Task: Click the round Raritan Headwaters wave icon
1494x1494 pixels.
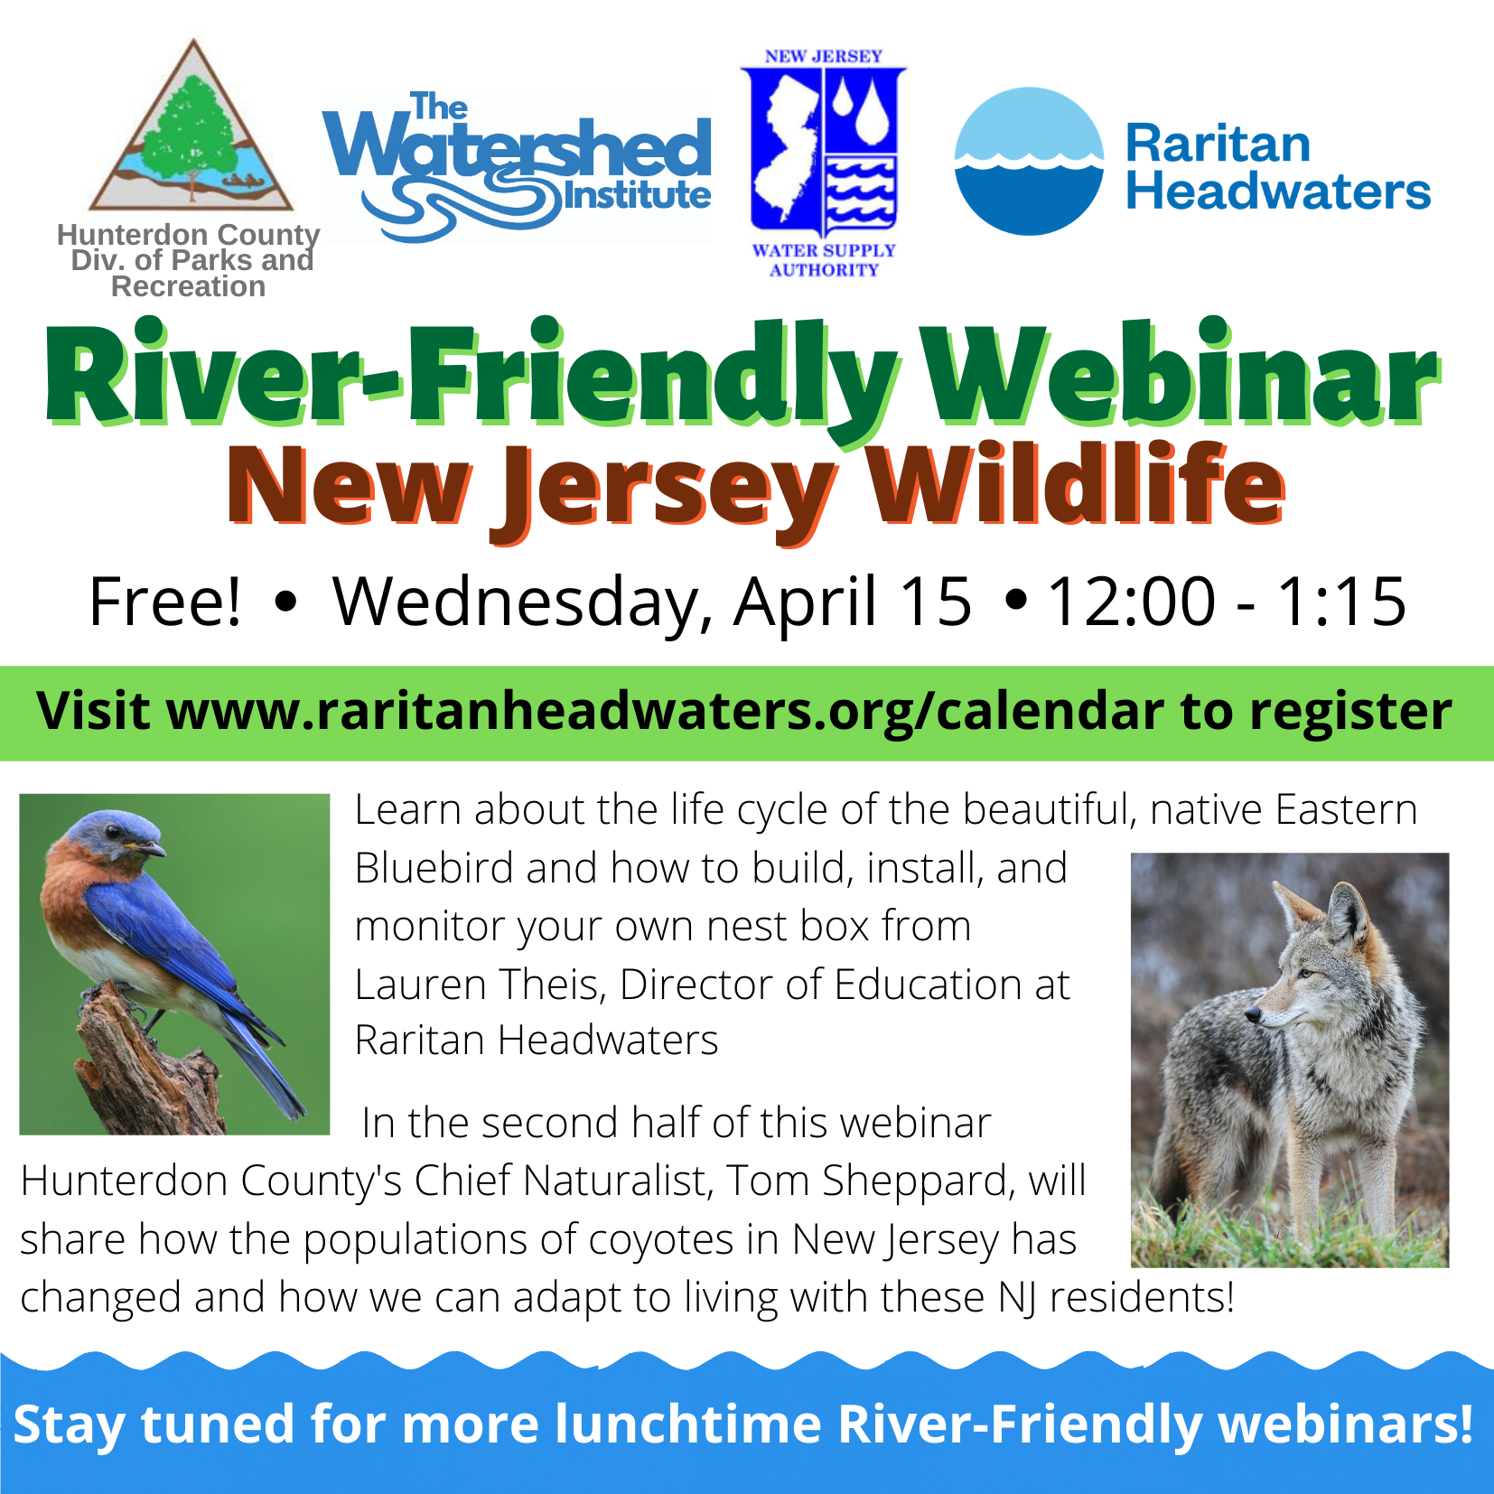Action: pyautogui.click(x=1029, y=162)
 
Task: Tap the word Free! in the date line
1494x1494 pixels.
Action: pyautogui.click(x=165, y=602)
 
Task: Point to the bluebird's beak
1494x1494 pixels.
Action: pyautogui.click(x=154, y=849)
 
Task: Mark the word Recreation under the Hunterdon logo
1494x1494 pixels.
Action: pyautogui.click(x=188, y=286)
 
